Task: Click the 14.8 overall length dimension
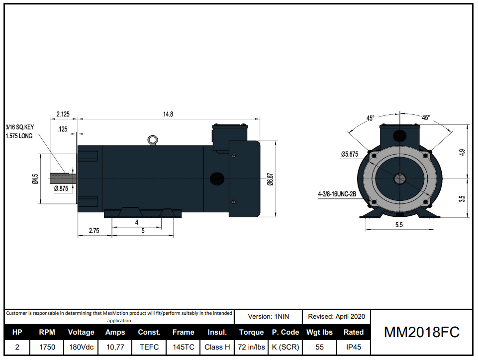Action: click(x=168, y=114)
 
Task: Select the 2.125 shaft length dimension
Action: click(x=63, y=114)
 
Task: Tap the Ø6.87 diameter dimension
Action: click(x=270, y=180)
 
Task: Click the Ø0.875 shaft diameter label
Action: click(x=61, y=188)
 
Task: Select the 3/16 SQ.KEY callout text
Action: click(x=19, y=127)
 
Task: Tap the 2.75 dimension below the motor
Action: click(x=94, y=231)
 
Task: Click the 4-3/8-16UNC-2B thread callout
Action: click(x=337, y=194)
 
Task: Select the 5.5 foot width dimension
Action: click(x=399, y=225)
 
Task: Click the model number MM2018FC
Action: click(x=422, y=332)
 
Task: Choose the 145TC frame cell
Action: click(x=183, y=347)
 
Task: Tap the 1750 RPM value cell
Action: click(x=47, y=347)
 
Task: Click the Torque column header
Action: click(x=251, y=332)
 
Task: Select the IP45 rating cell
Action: click(x=353, y=347)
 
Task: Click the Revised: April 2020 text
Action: click(x=336, y=316)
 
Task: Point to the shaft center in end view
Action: click(x=399, y=178)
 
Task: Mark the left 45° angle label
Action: click(x=371, y=118)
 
